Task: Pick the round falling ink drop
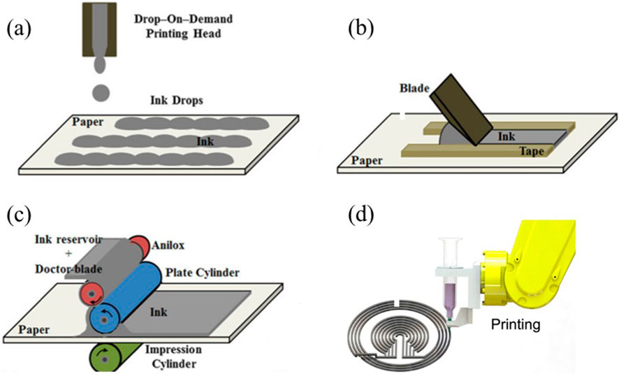point(102,92)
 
